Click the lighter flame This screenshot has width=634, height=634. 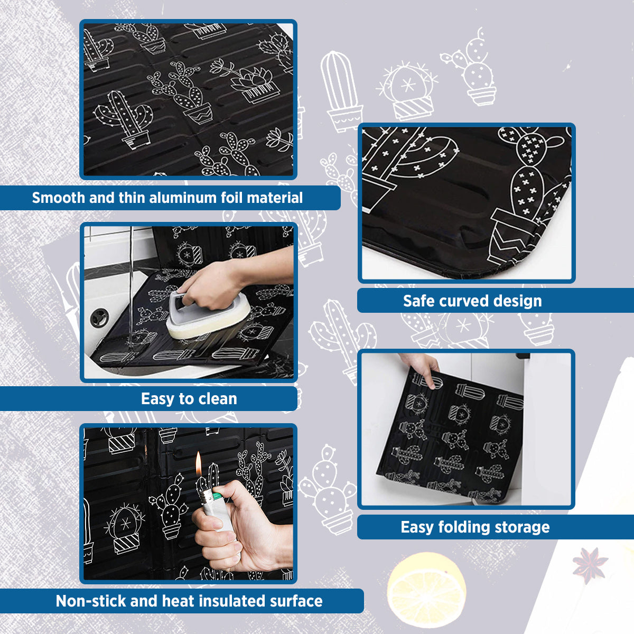pos(199,463)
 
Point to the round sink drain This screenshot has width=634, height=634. pos(98,318)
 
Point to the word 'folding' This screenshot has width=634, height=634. pos(464,527)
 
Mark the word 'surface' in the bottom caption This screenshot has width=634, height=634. pos(296,601)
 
